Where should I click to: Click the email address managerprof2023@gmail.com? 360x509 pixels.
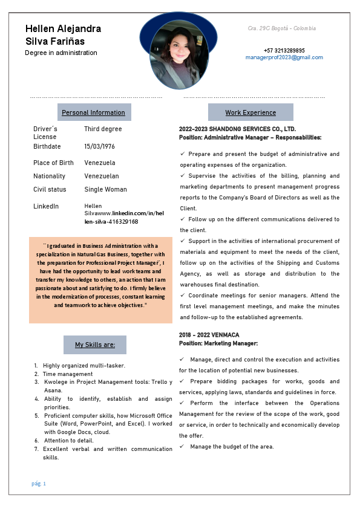click(284, 57)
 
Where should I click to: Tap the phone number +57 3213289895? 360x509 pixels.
click(284, 51)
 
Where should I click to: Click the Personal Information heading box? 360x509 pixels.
click(93, 112)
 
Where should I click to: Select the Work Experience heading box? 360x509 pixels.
click(250, 112)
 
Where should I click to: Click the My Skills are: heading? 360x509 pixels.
click(95, 345)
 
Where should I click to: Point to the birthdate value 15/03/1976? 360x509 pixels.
click(99, 147)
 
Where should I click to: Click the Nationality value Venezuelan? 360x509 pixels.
click(102, 176)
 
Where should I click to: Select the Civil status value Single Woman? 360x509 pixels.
click(105, 189)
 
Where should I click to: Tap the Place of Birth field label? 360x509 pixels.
click(53, 163)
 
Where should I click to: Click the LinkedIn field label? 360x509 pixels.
click(46, 206)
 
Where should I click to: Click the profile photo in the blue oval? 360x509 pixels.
click(178, 50)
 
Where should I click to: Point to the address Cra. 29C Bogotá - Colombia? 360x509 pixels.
click(281, 28)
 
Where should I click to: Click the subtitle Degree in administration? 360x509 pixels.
click(61, 53)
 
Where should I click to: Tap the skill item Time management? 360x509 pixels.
click(67, 374)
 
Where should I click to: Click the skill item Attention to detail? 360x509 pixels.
click(72, 441)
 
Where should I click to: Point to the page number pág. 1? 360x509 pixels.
click(39, 484)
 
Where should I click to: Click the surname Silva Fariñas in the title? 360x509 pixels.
click(55, 41)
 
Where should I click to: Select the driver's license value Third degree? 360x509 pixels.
click(103, 129)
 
